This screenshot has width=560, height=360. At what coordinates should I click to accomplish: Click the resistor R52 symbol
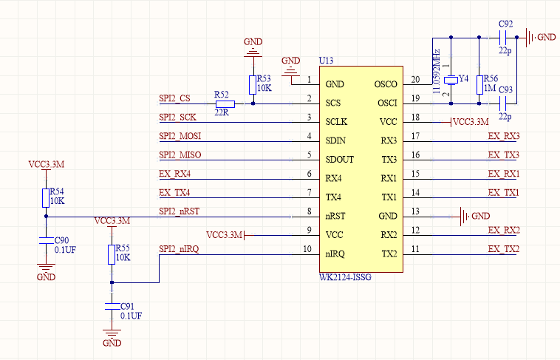click(221, 103)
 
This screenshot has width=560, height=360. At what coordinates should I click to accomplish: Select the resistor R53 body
click(253, 84)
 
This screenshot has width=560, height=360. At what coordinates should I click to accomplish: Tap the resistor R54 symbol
click(46, 197)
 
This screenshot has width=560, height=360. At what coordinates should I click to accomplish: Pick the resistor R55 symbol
click(112, 254)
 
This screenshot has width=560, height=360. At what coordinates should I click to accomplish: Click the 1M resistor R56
click(479, 84)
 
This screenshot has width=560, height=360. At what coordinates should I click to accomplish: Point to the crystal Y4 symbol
click(452, 79)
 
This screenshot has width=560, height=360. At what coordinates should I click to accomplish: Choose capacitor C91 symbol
click(112, 305)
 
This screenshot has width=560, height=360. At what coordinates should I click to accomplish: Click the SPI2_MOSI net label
click(180, 136)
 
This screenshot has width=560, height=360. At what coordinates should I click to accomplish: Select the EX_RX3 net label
click(503, 136)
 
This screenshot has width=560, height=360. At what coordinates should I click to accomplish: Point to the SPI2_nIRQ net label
click(179, 249)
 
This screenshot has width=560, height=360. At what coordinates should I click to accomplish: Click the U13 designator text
click(326, 60)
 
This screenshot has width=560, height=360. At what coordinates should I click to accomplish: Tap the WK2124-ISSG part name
click(345, 277)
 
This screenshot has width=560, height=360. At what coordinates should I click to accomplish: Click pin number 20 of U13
click(415, 80)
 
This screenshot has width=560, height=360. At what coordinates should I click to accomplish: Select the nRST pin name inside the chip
click(338, 217)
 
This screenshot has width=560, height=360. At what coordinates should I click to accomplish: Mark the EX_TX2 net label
click(503, 249)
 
